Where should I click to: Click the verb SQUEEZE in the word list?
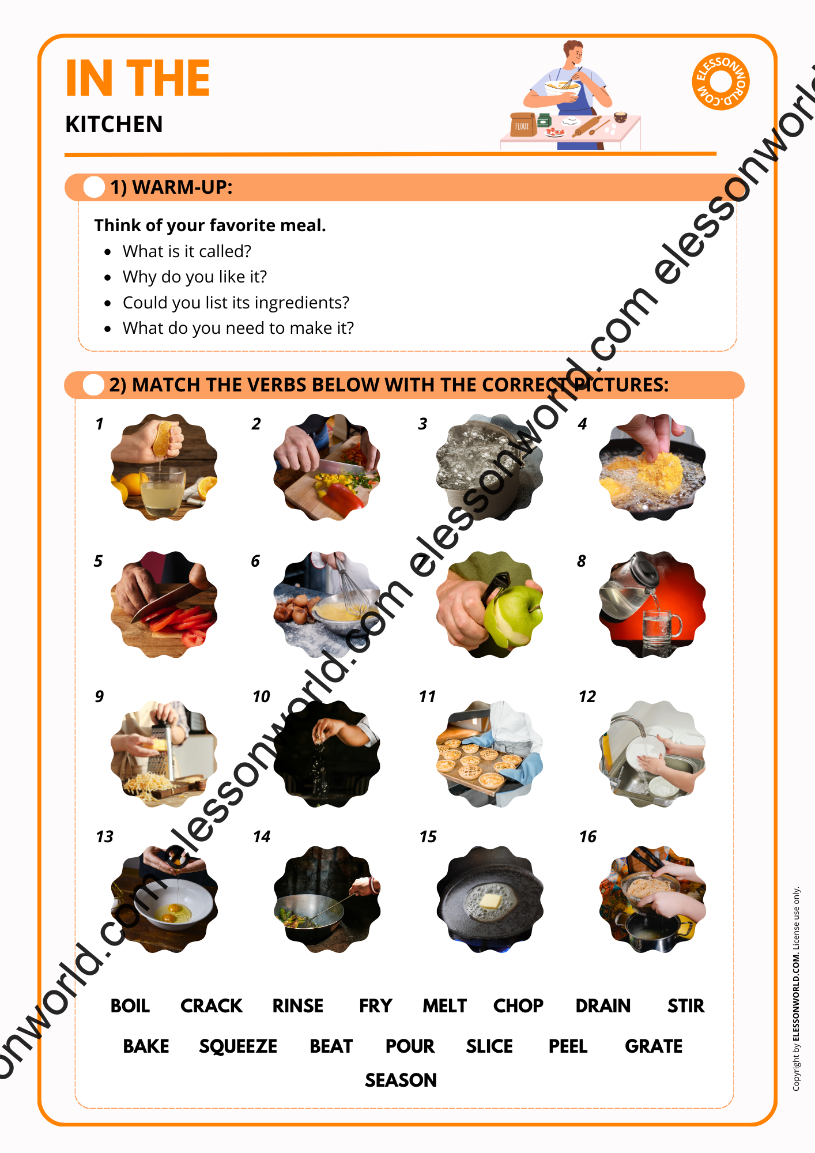tap(238, 1046)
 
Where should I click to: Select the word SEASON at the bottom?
tap(401, 1080)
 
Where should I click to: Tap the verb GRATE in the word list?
tap(654, 1046)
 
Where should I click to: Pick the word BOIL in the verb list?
tap(130, 1006)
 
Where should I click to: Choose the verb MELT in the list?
tap(444, 1006)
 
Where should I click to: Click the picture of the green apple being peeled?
tap(490, 604)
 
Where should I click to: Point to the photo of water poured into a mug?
tap(652, 604)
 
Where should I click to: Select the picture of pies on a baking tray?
tap(490, 754)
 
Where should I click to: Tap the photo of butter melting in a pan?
tap(490, 899)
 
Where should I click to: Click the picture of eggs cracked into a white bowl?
tap(164, 899)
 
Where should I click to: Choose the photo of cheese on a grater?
tap(164, 754)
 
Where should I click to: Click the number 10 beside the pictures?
tap(261, 696)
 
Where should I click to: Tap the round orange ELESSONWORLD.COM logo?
tap(720, 81)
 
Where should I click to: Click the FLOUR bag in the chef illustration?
tap(523, 125)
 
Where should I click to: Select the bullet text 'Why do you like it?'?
tap(195, 277)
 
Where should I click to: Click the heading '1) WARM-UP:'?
tap(172, 187)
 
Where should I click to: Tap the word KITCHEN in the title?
tap(114, 124)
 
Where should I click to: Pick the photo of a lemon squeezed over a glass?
tap(164, 467)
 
